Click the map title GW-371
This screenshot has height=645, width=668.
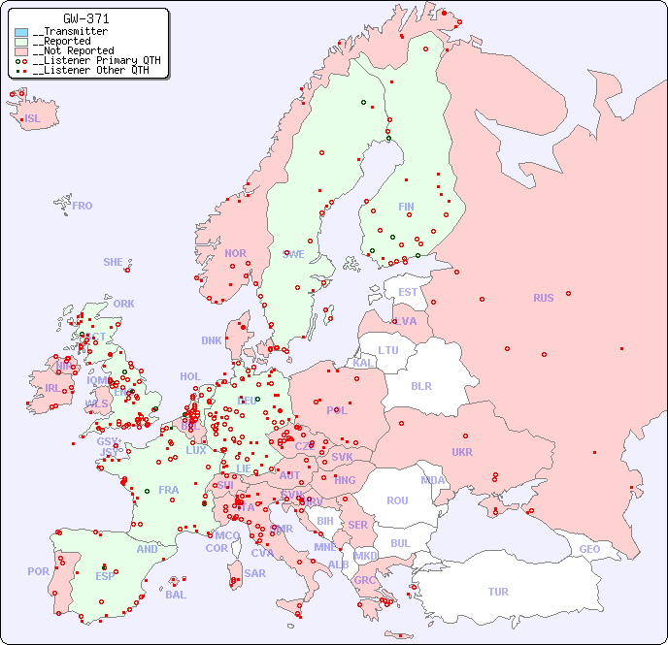[x=86, y=18]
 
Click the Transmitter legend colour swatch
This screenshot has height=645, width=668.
[x=21, y=32]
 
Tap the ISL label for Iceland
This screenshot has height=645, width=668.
[x=33, y=119]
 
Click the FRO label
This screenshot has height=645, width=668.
[x=83, y=206]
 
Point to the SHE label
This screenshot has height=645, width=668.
[x=114, y=262]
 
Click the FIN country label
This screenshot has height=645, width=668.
[x=406, y=207]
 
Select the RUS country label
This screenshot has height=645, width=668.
[x=543, y=298]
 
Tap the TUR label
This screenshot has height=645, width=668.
[x=498, y=592]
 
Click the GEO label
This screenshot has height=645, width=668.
[x=589, y=549]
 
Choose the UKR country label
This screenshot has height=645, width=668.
[x=462, y=452]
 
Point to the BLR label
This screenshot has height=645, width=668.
[x=421, y=385]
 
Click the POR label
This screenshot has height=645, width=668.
[x=38, y=571]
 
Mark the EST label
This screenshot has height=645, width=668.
[x=408, y=292]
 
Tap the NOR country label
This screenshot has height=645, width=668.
[x=235, y=253]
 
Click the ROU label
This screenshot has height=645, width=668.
[x=397, y=500]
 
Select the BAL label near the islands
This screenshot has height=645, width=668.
[x=176, y=595]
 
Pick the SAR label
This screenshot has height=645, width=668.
[x=254, y=573]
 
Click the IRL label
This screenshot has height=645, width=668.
[x=51, y=387]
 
